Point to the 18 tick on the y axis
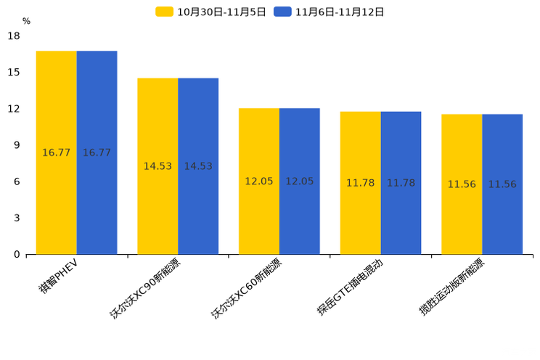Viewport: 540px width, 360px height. pyautogui.click(x=14, y=36)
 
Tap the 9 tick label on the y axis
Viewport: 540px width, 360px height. pyautogui.click(x=17, y=145)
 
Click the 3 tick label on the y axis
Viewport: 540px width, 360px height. pyautogui.click(x=17, y=218)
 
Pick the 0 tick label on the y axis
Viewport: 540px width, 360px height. pyautogui.click(x=17, y=254)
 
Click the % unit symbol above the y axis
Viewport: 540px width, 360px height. pyautogui.click(x=26, y=21)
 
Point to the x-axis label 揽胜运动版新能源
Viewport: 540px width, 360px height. pyautogui.click(x=451, y=287)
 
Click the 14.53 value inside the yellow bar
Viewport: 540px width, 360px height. pyautogui.click(x=157, y=166)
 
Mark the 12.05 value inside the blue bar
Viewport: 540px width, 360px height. pyautogui.click(x=299, y=181)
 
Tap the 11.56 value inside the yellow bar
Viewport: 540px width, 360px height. pyautogui.click(x=462, y=184)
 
